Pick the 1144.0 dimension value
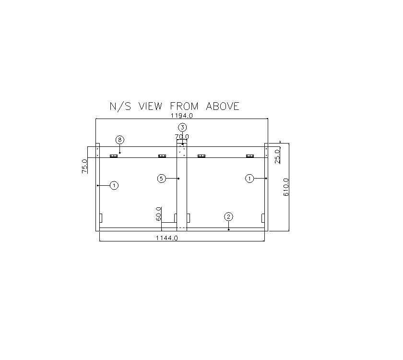167,238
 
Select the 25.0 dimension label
278,156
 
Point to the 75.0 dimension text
85,166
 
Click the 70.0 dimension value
182,137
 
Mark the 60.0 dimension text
158,214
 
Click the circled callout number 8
120,140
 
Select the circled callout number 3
182,127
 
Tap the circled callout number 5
162,179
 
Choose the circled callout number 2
229,216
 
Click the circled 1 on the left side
114,185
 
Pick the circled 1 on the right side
249,179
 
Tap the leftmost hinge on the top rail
114,156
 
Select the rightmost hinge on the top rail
249,156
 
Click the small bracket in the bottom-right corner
262,218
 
